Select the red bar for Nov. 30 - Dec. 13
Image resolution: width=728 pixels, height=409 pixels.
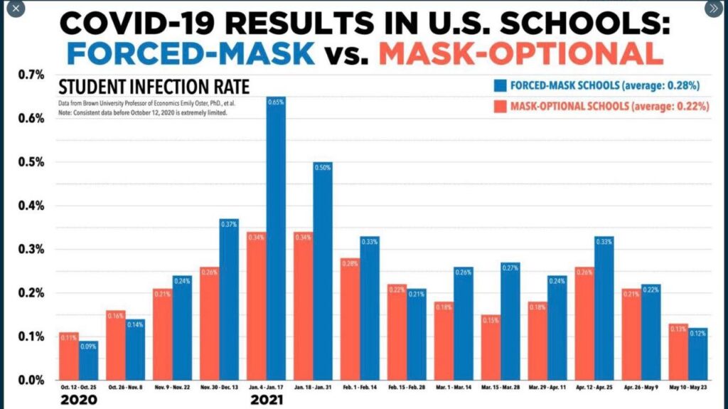tap(210, 324)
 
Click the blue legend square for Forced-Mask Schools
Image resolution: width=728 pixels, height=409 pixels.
tap(500, 85)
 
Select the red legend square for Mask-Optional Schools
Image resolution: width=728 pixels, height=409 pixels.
tap(500, 106)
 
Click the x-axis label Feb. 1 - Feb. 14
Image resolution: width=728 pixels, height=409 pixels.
tap(360, 387)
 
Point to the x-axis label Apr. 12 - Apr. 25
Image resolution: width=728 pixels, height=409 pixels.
tap(594, 387)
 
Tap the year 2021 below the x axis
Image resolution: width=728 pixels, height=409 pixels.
tap(267, 400)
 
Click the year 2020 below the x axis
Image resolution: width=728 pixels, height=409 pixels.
tap(79, 400)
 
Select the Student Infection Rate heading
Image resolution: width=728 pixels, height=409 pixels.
tap(154, 87)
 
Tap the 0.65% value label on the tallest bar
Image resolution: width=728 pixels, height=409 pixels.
tap(276, 102)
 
